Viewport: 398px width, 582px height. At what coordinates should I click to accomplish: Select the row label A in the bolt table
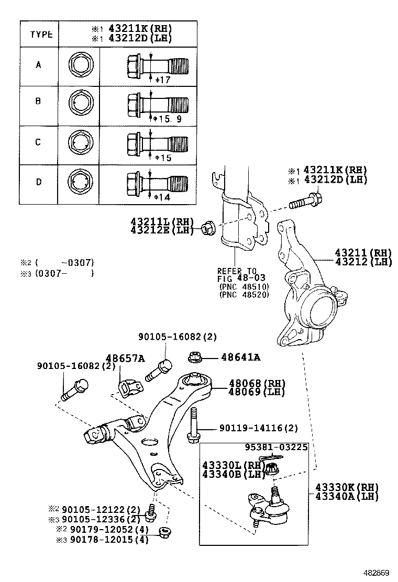point(38,65)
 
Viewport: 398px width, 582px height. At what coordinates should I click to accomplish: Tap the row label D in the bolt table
point(38,182)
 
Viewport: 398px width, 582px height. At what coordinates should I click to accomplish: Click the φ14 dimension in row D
point(162,197)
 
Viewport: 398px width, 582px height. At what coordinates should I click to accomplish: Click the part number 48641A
point(241,357)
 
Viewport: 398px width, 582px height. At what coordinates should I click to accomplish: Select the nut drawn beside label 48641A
point(194,358)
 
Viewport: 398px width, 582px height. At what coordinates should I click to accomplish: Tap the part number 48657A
point(125,359)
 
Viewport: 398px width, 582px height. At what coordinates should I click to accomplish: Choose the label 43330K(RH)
point(346,487)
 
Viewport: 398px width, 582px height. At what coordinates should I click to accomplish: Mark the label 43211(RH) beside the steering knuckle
point(363,253)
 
